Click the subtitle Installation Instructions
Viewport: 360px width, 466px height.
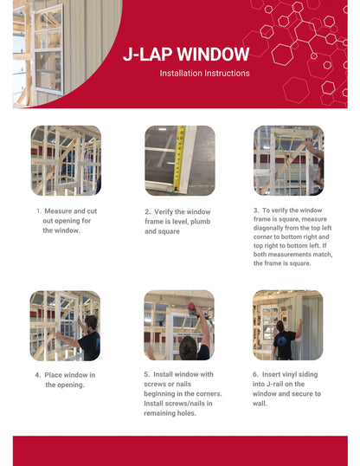[x=204, y=74]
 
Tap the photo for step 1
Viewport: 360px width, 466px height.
[x=66, y=160]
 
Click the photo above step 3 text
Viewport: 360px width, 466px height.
[x=288, y=160]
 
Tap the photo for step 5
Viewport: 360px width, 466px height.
[x=179, y=325]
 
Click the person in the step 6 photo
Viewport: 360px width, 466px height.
[x=283, y=338]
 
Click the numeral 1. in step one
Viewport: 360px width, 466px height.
[x=38, y=211]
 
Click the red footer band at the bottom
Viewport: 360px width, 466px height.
[x=180, y=450]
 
